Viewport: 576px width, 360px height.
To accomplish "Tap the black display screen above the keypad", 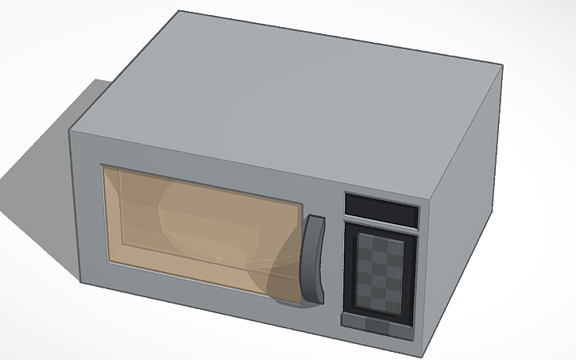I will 381,211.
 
